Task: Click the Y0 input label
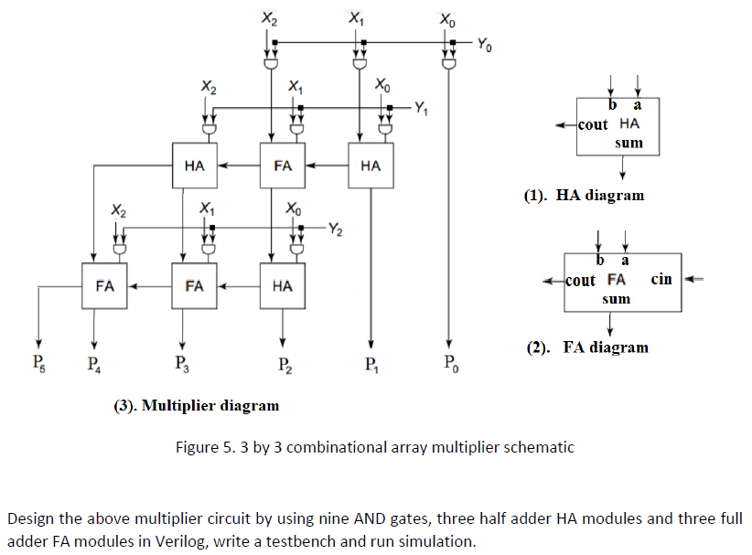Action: tap(484, 46)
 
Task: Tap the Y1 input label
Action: tap(421, 108)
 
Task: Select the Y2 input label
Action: tap(335, 229)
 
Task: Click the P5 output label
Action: tap(38, 362)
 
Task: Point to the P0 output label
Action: tap(451, 363)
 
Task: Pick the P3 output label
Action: tap(182, 363)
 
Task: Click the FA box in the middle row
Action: tap(283, 165)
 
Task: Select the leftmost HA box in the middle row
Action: tap(195, 165)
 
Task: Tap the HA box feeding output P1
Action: tap(371, 165)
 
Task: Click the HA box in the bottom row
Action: tap(283, 285)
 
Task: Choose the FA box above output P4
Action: tap(104, 285)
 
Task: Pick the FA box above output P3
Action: tap(194, 285)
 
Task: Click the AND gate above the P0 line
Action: tap(449, 63)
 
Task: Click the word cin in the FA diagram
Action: tap(661, 279)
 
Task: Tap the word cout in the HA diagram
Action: tap(592, 124)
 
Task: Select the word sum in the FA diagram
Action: tap(616, 299)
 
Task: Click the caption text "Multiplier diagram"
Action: tap(210, 405)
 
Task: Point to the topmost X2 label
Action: tap(269, 18)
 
